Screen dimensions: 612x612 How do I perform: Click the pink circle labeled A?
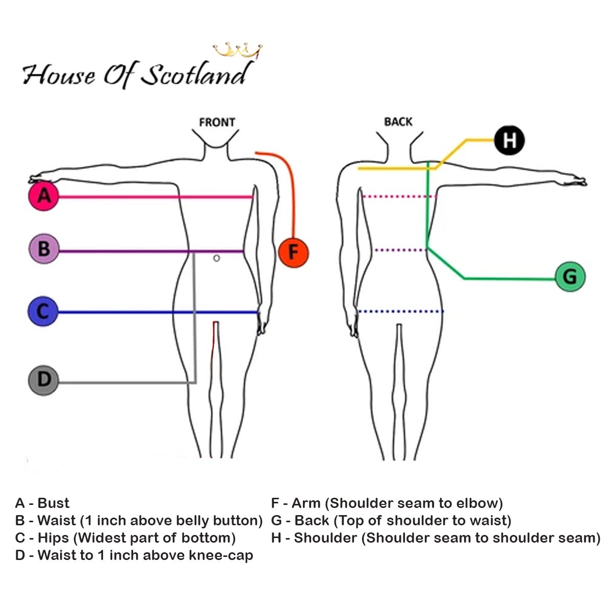pos(44,196)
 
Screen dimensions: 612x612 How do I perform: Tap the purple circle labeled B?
pos(44,249)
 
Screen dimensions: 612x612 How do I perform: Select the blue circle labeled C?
pos(43,311)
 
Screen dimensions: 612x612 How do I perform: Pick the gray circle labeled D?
pos(43,380)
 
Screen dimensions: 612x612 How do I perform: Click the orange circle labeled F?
pos(293,252)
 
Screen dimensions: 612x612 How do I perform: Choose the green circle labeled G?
pos(570,277)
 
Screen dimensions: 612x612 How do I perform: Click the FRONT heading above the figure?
pos(217,122)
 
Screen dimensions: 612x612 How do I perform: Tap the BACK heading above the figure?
pos(398,122)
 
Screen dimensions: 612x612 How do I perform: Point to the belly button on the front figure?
pos(217,259)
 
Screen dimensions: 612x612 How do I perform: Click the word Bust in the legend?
pos(54,503)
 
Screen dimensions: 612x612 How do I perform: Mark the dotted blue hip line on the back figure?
pos(400,311)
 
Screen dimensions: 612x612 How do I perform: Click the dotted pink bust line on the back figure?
pos(399,196)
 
